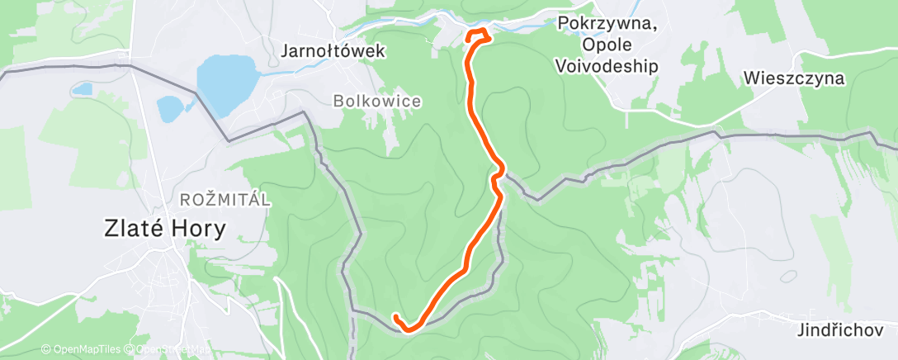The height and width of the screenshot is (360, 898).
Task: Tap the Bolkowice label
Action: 376,101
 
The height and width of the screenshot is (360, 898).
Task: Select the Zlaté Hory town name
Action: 164,228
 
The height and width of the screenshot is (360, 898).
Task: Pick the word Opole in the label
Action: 607,45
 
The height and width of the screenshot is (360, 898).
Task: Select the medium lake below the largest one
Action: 170,108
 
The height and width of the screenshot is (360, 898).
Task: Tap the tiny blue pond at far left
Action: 82,88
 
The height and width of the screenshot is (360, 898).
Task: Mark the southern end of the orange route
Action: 396,317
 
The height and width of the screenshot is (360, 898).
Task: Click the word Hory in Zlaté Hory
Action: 196,228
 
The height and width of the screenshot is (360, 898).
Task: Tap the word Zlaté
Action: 133,228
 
